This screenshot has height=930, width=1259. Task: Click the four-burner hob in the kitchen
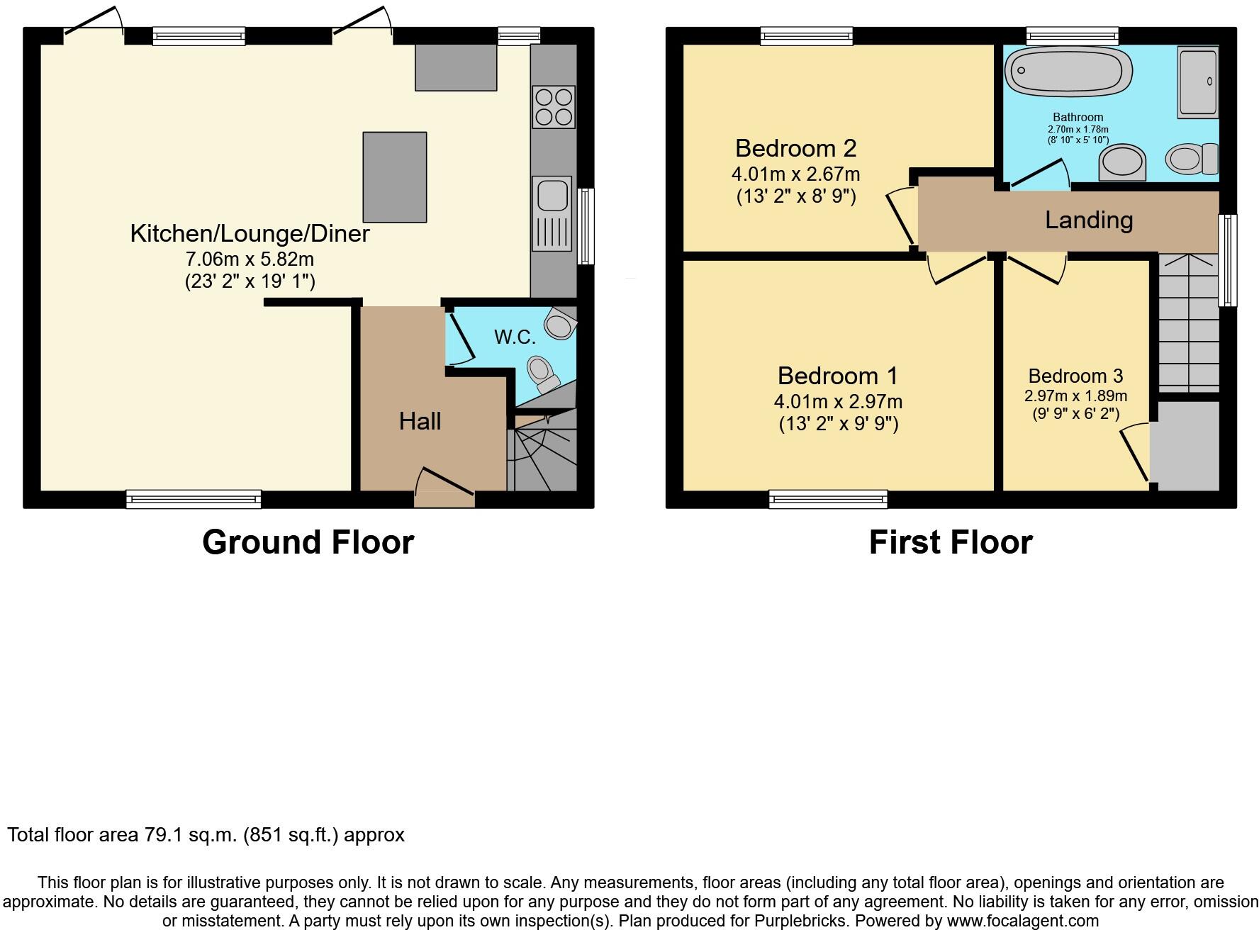[553, 106]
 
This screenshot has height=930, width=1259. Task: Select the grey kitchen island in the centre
[395, 177]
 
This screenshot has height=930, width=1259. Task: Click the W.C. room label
[515, 337]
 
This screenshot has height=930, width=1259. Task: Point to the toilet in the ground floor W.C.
[542, 373]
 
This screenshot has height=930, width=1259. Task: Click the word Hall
[420, 422]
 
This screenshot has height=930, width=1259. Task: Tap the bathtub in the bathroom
[1067, 72]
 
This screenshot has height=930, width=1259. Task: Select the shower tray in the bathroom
[1197, 82]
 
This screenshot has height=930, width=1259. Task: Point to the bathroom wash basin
[1122, 163]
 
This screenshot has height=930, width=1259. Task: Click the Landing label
[1089, 220]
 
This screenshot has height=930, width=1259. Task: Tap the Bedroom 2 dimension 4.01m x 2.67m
[795, 174]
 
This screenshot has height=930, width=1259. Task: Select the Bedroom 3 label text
[1075, 376]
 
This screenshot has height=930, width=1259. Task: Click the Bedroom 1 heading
[837, 376]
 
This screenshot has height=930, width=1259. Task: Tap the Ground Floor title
[308, 542]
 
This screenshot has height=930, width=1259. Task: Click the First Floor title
[950, 542]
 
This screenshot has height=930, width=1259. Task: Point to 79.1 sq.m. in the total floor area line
[191, 835]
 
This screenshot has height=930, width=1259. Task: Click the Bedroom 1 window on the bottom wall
[828, 499]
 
